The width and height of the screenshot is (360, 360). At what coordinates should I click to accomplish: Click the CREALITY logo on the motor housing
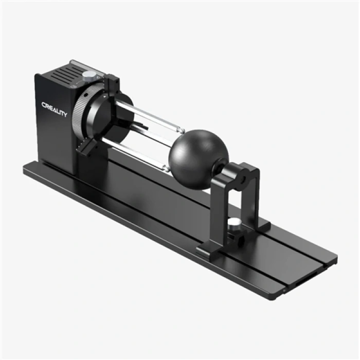[54, 110]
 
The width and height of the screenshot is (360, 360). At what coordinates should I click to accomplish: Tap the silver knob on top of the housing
[89, 75]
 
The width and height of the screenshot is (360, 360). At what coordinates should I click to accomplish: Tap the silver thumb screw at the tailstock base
[235, 223]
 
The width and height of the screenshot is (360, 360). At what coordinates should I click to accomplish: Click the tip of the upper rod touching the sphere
[180, 131]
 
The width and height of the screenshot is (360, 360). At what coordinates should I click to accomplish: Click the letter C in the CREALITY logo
[44, 105]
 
